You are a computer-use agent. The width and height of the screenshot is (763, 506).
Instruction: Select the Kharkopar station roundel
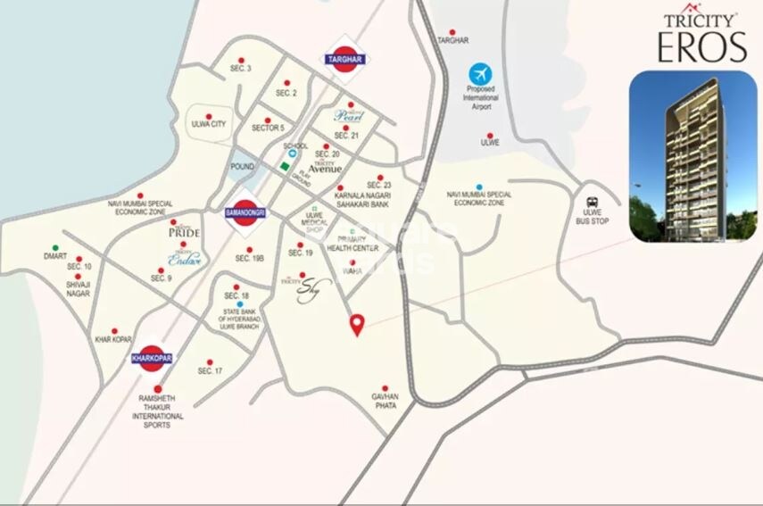point(151,358)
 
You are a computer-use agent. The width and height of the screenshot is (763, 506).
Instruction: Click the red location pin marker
point(357,324)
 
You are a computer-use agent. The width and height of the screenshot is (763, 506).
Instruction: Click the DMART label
point(54,256)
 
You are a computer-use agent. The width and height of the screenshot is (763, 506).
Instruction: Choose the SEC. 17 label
point(210,370)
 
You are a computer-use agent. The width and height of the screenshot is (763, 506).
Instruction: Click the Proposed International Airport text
point(482,100)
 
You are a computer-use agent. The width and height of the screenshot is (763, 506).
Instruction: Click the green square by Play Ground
point(284,166)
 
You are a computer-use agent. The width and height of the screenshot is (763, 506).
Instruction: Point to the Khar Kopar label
point(113,339)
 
